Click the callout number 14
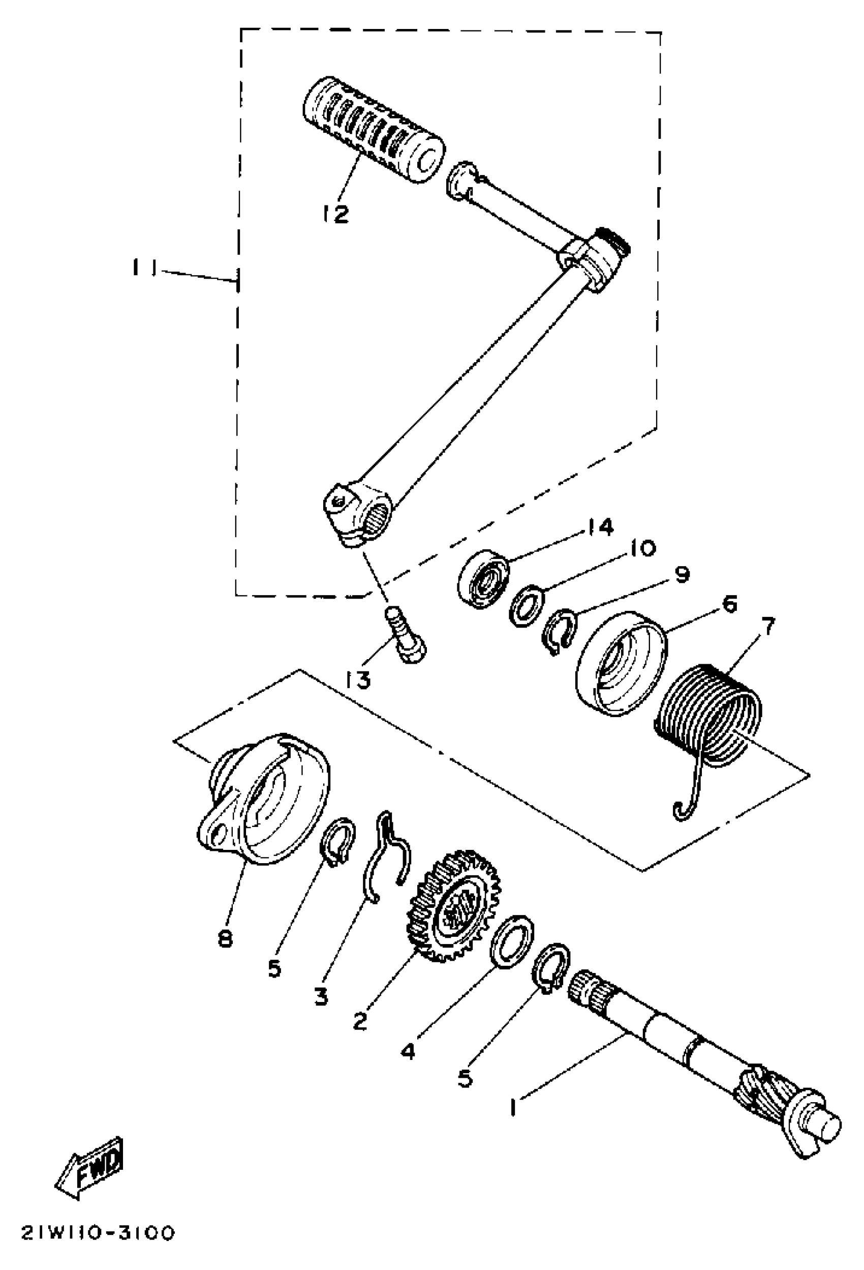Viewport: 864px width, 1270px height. pyautogui.click(x=601, y=526)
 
